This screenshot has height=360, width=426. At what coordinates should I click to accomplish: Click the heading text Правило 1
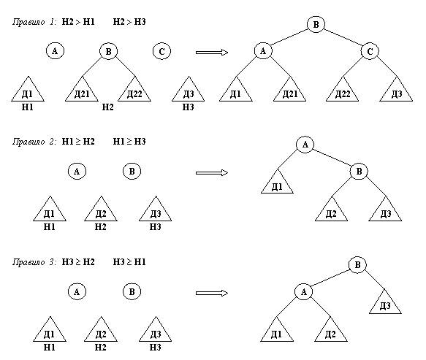tap(34, 22)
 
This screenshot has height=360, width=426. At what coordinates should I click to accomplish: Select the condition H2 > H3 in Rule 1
tap(129, 21)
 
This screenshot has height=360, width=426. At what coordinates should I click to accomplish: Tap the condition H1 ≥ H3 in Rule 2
tap(129, 142)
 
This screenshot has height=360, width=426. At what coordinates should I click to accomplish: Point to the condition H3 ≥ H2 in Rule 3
tap(78, 262)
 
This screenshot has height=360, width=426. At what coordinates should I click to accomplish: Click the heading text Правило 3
tap(34, 262)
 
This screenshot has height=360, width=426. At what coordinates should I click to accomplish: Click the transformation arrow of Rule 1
tap(212, 52)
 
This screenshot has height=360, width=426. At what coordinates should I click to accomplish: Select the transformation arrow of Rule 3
tap(212, 293)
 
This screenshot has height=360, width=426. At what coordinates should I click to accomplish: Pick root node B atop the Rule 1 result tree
tap(316, 24)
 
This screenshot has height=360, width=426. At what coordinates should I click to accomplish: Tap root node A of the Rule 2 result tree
tap(305, 145)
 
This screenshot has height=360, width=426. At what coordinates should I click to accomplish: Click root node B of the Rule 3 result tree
tap(357, 264)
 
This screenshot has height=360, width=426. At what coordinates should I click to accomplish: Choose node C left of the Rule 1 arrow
tap(161, 51)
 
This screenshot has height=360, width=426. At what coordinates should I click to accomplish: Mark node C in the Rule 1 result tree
tap(370, 51)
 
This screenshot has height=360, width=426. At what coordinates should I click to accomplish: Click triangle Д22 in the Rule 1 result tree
tap(342, 92)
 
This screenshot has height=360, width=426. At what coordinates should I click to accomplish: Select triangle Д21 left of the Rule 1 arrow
tap(82, 92)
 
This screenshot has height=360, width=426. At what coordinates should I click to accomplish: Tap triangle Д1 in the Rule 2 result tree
tap(277, 184)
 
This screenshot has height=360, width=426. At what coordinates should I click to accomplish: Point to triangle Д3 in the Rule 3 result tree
tap(385, 304)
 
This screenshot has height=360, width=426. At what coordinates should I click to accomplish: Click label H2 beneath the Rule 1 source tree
tap(108, 107)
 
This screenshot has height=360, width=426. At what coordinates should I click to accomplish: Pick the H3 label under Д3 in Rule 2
tap(156, 226)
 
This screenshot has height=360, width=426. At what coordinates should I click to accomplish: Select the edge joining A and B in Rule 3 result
tap(330, 278)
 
